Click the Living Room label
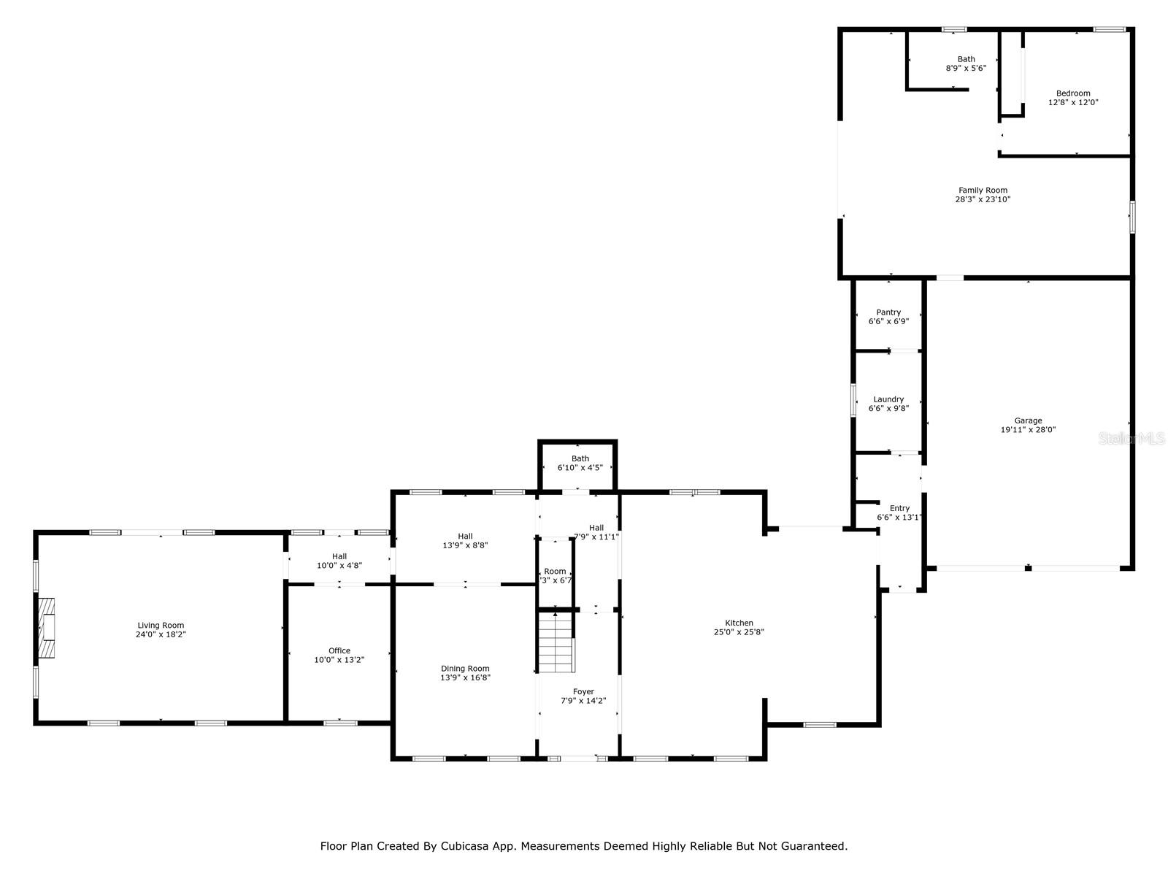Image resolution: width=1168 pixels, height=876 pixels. click(x=161, y=625)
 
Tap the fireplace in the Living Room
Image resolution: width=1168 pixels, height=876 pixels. click(x=47, y=629)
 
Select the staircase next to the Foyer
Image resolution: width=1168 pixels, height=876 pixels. click(x=556, y=642)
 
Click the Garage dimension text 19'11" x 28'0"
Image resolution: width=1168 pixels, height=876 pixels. click(x=1028, y=430)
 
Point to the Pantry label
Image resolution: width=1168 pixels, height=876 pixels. click(x=888, y=312)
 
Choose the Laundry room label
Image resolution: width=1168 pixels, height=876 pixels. click(x=888, y=399)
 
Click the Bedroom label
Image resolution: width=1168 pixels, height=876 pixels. click(x=1073, y=93)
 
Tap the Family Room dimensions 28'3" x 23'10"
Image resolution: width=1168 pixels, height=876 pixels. click(x=983, y=199)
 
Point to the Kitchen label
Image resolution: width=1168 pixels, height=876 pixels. click(x=739, y=623)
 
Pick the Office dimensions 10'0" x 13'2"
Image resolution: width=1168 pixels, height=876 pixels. click(x=339, y=660)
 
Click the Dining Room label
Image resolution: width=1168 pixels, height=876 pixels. click(x=465, y=668)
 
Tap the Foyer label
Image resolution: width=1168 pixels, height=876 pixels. click(x=583, y=691)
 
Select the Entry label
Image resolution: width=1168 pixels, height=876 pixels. click(x=899, y=508)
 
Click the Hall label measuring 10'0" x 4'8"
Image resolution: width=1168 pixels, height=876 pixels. click(x=339, y=556)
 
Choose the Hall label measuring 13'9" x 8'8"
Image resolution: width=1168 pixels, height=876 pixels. click(x=465, y=536)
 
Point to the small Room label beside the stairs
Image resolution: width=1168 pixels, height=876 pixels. click(x=555, y=571)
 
